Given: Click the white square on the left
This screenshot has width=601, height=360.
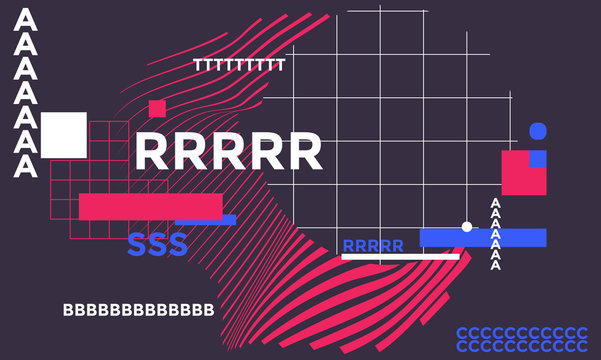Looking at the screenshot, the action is (64, 134).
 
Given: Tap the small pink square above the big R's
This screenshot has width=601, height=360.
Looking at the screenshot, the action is (157, 108).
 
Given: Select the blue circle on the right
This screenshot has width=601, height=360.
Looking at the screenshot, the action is (538, 131).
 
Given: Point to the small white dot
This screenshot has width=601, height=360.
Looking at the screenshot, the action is (466, 227).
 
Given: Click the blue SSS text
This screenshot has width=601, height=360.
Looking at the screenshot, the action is (157, 244).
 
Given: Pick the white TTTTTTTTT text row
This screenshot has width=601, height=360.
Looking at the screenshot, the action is (239, 65).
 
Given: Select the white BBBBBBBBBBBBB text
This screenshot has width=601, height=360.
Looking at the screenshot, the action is (138, 310).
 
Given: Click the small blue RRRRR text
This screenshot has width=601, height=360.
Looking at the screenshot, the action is (373, 246).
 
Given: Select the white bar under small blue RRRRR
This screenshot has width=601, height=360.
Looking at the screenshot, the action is (400, 257).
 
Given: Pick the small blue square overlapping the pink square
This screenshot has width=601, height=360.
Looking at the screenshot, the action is (538, 158).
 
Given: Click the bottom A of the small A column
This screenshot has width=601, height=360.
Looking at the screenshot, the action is (494, 265).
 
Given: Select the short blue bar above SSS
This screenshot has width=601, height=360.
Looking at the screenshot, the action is (206, 220).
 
